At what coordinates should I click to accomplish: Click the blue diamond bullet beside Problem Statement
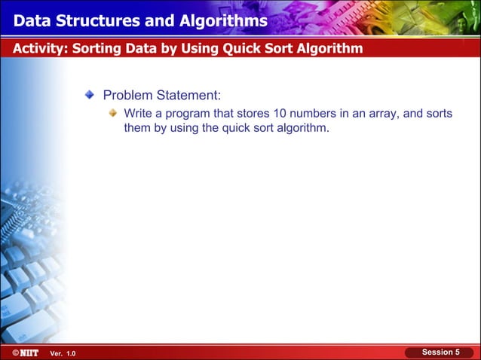click(x=90, y=96)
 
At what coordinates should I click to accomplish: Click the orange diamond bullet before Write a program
click(x=112, y=113)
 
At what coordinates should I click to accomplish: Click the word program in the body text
click(x=192, y=113)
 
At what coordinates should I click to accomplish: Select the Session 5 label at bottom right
click(x=440, y=352)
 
